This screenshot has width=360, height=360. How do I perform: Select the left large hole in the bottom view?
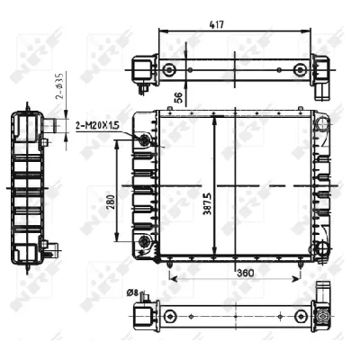coord(168,315)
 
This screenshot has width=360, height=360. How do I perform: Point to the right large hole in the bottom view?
coord(298,315)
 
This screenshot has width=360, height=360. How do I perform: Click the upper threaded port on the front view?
coord(144,139)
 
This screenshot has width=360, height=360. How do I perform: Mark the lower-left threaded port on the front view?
coord(144,240)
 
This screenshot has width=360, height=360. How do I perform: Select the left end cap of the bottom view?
coord(141,315)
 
